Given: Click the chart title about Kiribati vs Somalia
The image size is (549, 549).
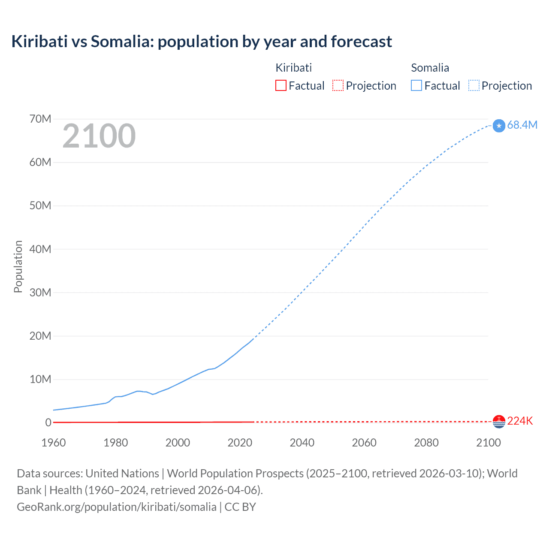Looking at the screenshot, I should [x=202, y=42].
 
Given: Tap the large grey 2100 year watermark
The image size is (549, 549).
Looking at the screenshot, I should [x=99, y=136].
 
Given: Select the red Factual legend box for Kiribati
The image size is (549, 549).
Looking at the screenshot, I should [x=281, y=85].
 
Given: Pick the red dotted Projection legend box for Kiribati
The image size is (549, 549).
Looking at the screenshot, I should [x=338, y=85].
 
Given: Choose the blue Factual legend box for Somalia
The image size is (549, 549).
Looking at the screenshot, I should [x=416, y=85].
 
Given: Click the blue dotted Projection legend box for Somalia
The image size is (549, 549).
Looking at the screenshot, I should [x=474, y=85].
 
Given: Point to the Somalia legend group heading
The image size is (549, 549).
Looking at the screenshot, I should [x=430, y=68].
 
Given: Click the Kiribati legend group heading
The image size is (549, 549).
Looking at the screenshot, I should [x=293, y=68].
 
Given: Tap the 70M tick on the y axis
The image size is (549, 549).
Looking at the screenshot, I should [x=40, y=119].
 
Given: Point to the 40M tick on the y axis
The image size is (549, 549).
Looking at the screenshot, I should [x=40, y=249].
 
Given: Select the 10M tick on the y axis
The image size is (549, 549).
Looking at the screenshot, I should [x=40, y=379].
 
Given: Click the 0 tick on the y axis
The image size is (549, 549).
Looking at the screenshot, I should [x=48, y=423].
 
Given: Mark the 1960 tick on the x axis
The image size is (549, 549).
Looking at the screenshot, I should [x=54, y=443].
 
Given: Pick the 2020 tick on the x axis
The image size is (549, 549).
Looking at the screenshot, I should [x=240, y=443].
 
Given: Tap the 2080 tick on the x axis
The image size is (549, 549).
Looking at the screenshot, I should [x=426, y=443].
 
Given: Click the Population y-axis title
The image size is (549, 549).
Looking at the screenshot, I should [x=18, y=266].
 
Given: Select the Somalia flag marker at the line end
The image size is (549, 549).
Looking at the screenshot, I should [x=499, y=126].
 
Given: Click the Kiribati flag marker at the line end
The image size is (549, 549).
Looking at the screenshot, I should [x=499, y=422].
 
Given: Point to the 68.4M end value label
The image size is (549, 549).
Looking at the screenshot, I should [x=522, y=125].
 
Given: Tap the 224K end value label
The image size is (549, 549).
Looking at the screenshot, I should [x=520, y=421].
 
